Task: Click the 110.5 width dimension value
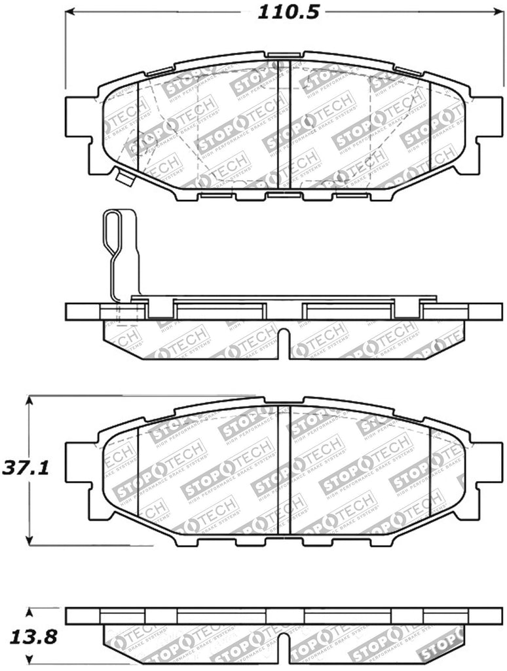tap(283, 12)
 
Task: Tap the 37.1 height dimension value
tap(18, 469)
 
